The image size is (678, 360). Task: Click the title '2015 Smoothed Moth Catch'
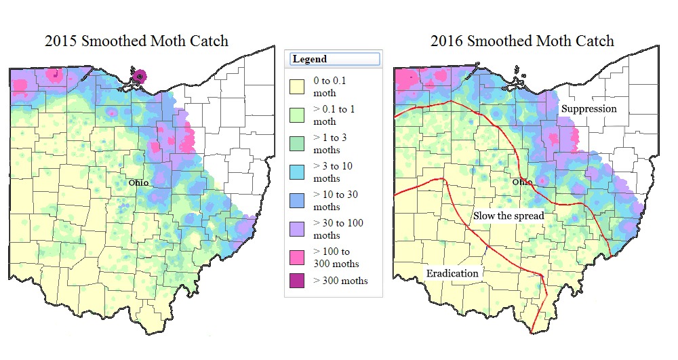(x=137, y=41)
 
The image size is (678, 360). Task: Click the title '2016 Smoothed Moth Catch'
(x=522, y=41)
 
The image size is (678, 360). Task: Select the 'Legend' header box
(x=334, y=59)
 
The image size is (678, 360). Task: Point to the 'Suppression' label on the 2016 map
(x=588, y=108)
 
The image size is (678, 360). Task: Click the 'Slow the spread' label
(x=509, y=216)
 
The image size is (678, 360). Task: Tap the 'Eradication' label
(x=452, y=273)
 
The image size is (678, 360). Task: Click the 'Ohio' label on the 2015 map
(x=139, y=183)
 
